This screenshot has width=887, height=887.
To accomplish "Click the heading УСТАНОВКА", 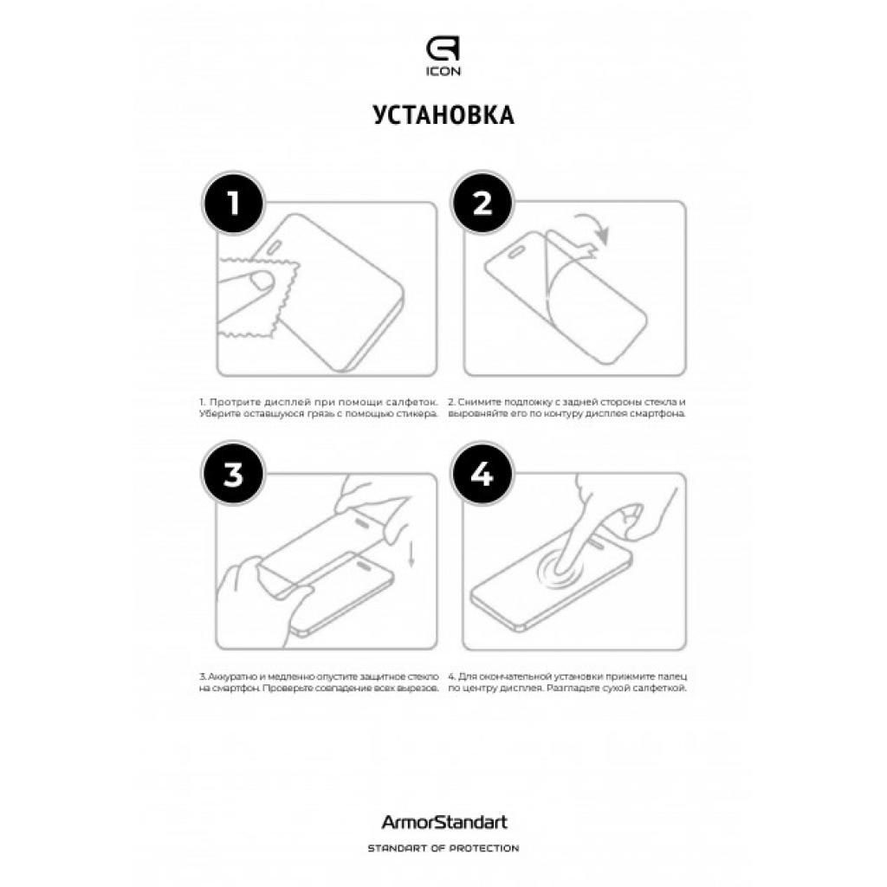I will point(443,115).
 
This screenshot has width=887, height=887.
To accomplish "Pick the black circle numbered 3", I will point(231,475).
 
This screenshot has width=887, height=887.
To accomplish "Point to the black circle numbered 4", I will point(482,475).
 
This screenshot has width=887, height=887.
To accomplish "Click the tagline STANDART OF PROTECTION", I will point(443,848).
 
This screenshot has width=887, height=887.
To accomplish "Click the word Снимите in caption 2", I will point(478,403).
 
